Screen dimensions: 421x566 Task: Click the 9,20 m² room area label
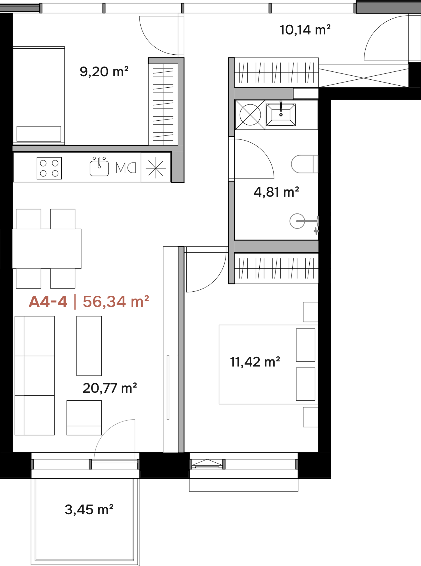[x=104, y=71]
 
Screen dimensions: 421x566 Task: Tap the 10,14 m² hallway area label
[x=305, y=30]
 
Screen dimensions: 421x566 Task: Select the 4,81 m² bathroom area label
[x=276, y=192]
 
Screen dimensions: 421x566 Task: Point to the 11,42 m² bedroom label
[x=255, y=362]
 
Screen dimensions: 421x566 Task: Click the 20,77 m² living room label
[x=110, y=388]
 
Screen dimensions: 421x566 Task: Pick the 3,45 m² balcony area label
[x=89, y=509]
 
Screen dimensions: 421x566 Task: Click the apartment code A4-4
[x=48, y=302]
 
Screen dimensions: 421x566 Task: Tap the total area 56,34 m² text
[x=116, y=302]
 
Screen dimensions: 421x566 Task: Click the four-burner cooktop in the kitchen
[x=49, y=168]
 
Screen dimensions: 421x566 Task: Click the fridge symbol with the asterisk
[x=156, y=167]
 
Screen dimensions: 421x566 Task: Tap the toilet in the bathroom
[x=305, y=164]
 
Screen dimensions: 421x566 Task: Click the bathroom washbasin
[x=281, y=114]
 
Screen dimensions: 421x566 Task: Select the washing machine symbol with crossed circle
[x=250, y=115]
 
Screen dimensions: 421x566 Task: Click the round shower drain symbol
[x=297, y=221]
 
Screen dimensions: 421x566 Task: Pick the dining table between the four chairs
[x=47, y=249]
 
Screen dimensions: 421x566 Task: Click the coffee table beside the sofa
[x=89, y=346]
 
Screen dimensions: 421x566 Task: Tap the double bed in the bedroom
[x=268, y=365]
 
